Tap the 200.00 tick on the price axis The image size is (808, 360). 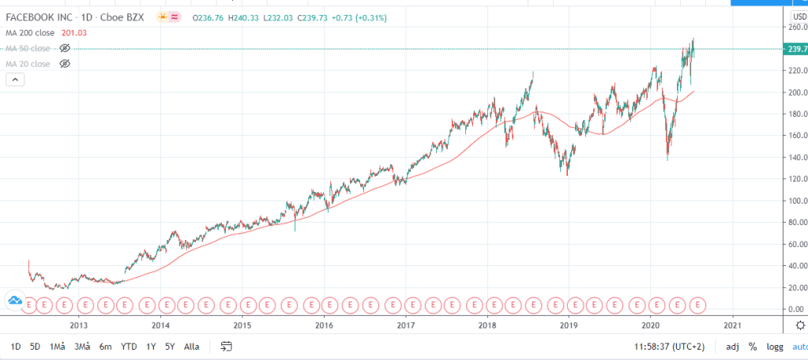click(795, 92)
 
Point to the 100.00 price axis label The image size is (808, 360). click(795, 201)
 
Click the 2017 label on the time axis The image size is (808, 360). click(405, 324)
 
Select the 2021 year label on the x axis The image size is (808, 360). click(732, 324)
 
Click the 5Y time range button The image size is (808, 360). click(169, 346)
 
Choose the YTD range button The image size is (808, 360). click(129, 346)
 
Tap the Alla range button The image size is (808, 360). click(191, 346)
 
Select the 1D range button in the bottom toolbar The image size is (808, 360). click(15, 346)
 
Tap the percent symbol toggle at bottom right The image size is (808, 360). click(753, 346)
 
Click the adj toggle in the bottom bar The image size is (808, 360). click(733, 346)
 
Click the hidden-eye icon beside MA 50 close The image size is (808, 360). click(66, 47)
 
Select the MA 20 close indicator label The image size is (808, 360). click(28, 63)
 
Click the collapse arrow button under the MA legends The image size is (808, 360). click(15, 80)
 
